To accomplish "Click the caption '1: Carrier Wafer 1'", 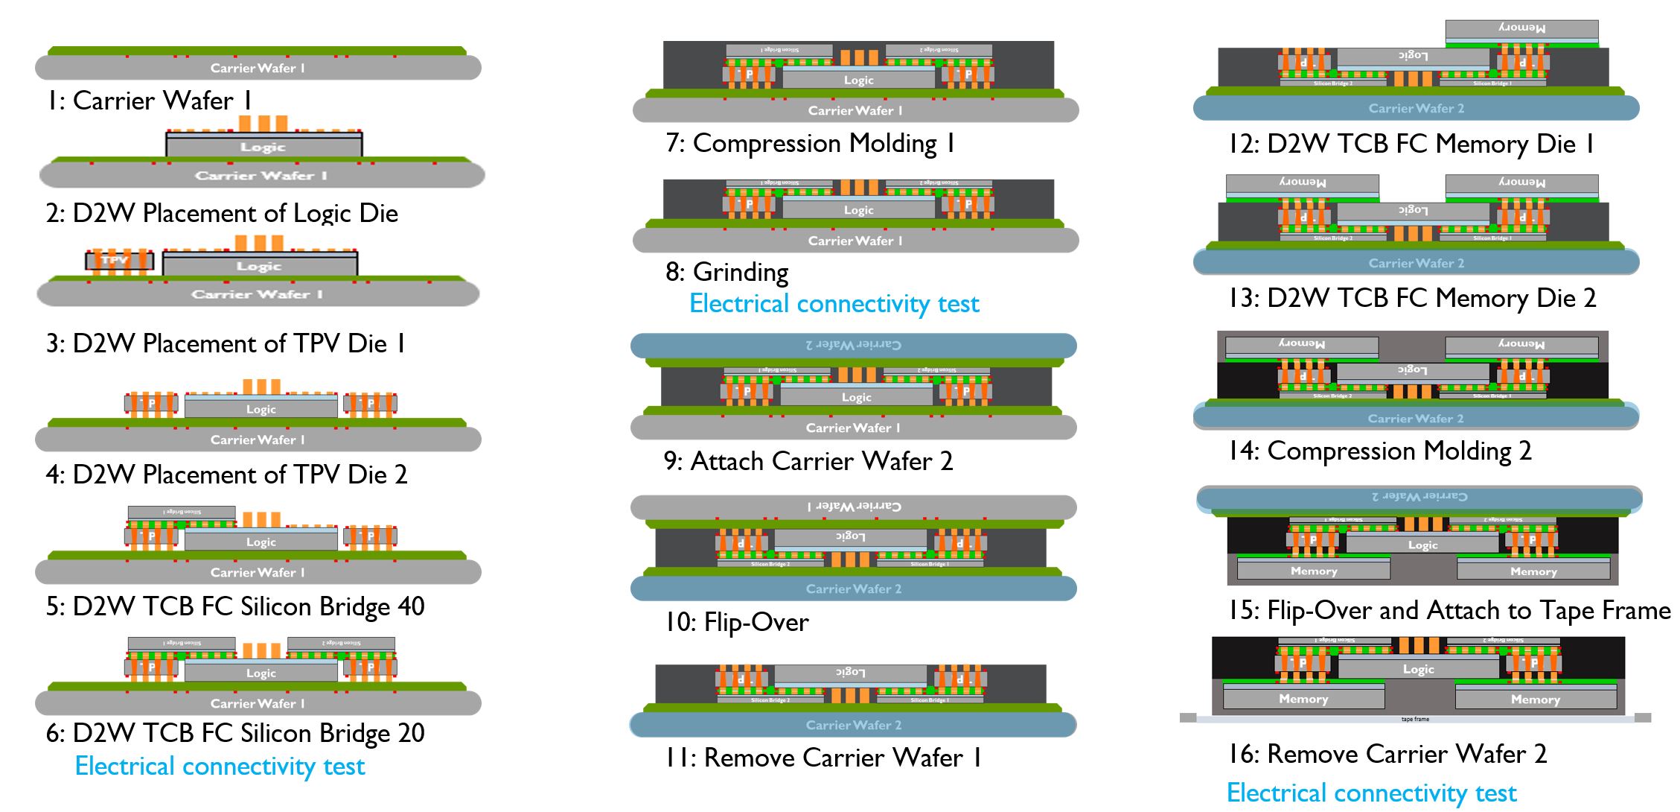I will (148, 101).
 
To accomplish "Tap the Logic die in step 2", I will (263, 147).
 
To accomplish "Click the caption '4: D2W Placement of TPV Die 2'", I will (226, 475).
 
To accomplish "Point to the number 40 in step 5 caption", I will (411, 606).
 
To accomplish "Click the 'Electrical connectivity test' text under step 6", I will (220, 767).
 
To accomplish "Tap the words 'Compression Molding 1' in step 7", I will (823, 143).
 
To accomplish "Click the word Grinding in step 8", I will (740, 272).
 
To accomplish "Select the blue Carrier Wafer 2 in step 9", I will (853, 345).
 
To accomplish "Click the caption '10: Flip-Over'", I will (736, 622).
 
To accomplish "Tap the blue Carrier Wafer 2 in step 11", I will (853, 725).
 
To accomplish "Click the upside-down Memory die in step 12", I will (1521, 28).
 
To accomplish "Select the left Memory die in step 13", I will (1302, 183).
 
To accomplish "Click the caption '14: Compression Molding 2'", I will (1379, 451).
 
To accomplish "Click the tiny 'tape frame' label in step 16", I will (1415, 719).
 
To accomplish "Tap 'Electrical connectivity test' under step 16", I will (1371, 793).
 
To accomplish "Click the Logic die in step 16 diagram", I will (1418, 669).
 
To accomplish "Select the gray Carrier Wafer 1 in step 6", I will (258, 703).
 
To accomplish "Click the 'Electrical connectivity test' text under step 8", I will (834, 304).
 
